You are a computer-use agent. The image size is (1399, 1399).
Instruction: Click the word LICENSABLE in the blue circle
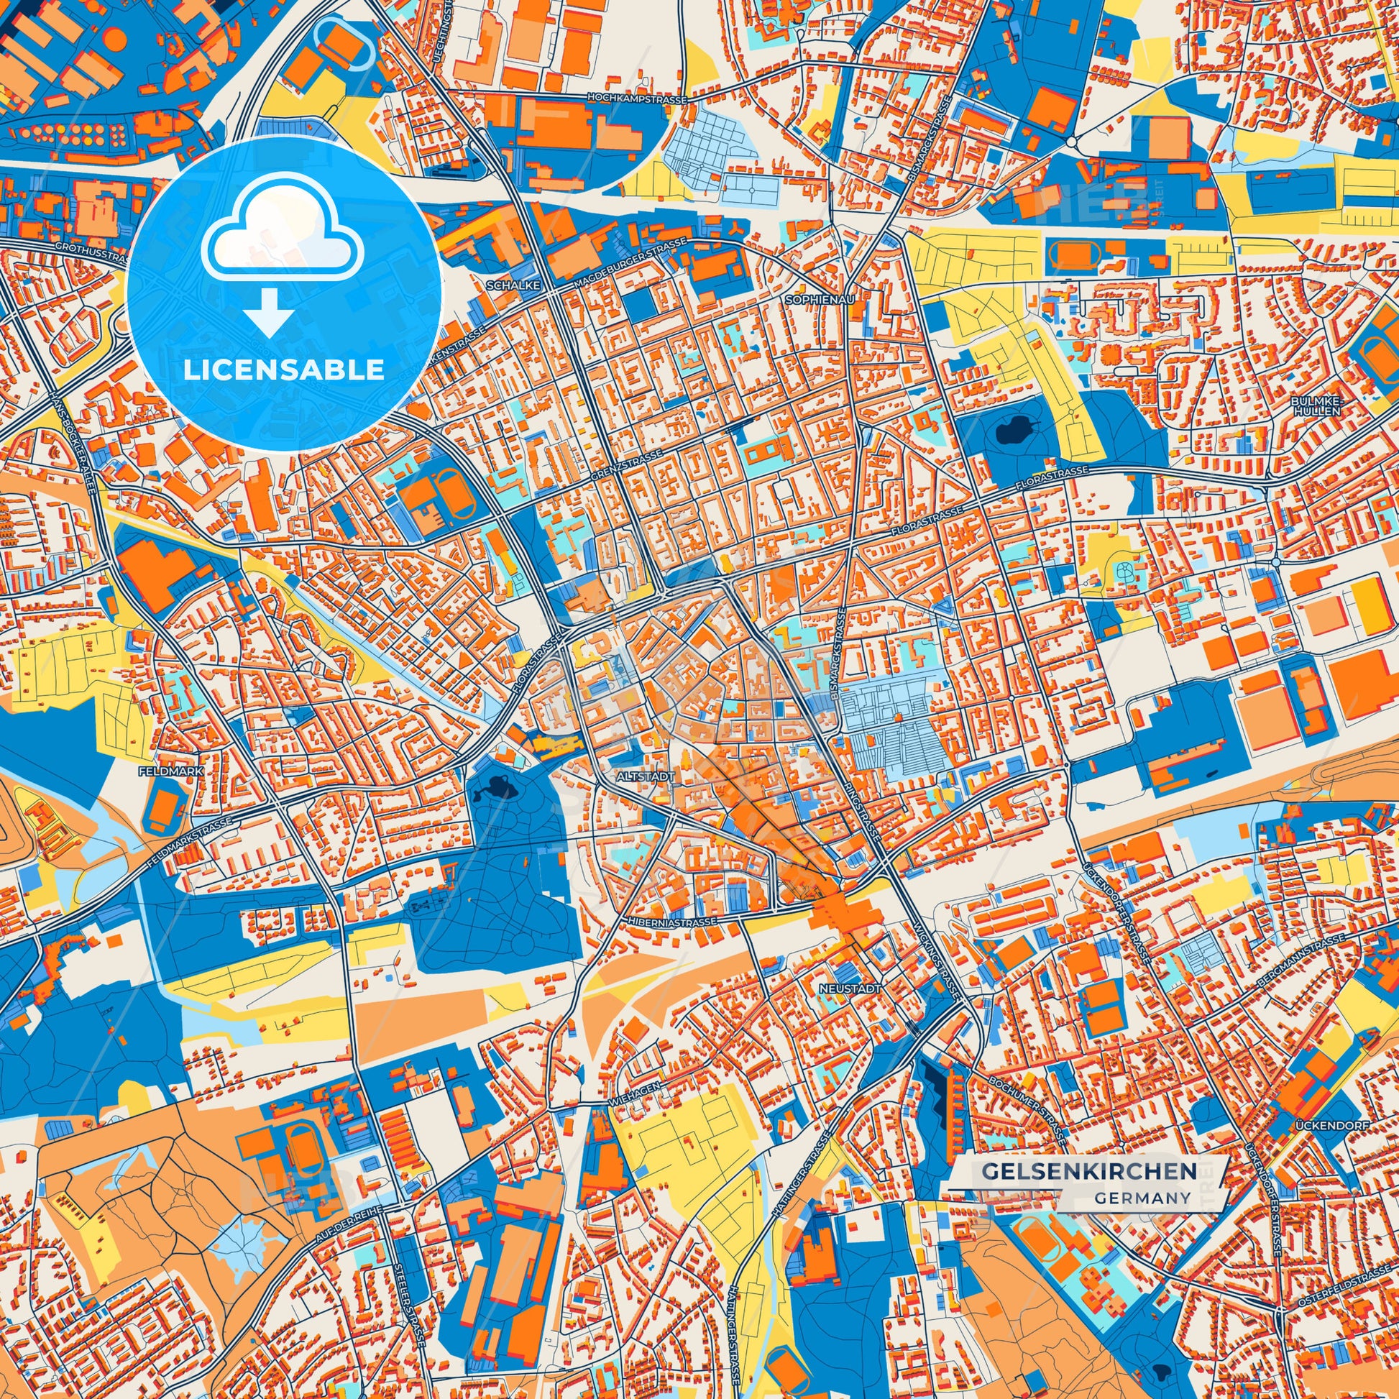coord(284,370)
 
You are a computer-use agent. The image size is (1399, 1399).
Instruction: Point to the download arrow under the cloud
coord(269,311)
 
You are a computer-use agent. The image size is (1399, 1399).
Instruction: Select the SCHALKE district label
coord(514,286)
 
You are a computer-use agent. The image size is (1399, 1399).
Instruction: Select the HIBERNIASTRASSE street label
coord(669,920)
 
